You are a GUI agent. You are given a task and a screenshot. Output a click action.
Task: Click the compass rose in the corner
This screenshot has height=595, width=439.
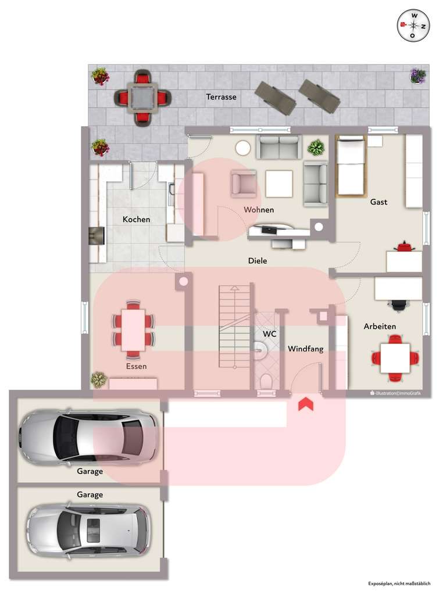point(413,26)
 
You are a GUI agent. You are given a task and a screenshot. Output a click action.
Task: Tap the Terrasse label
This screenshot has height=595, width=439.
point(221,97)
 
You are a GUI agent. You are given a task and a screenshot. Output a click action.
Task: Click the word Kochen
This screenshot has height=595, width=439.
point(136,220)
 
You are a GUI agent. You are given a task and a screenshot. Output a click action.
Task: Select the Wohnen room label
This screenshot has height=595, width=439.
point(259,210)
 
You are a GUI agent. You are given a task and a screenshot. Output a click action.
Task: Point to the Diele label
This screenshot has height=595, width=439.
point(258,261)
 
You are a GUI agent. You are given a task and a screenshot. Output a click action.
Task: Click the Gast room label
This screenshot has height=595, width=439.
point(379,202)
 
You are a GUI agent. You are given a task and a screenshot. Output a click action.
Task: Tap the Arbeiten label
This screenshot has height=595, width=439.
point(380,327)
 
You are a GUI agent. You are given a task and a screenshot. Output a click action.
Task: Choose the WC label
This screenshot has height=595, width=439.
point(269,335)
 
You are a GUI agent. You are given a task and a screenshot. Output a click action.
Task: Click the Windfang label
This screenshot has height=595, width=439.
point(305,349)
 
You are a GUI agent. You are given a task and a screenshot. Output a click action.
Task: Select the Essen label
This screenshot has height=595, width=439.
point(136,367)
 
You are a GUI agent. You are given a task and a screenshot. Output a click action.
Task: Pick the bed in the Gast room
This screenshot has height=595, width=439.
point(351,166)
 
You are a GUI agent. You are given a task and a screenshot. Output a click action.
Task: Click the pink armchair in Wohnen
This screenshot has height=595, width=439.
point(244,183)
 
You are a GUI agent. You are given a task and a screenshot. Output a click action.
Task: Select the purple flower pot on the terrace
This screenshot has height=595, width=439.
point(417,76)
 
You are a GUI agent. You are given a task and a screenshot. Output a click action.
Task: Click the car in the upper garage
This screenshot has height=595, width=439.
point(87,437)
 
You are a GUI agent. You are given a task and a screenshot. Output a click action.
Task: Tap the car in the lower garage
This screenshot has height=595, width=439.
point(88,532)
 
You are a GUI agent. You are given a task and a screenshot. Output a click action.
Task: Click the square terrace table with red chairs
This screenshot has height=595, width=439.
point(142,97)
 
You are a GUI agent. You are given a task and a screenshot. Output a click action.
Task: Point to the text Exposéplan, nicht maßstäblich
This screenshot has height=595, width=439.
point(399,583)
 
